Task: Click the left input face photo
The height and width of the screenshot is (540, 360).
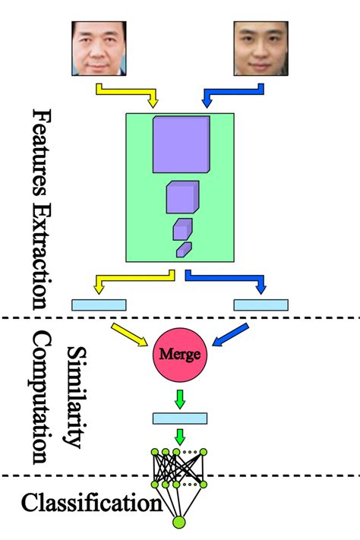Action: [x=102, y=47]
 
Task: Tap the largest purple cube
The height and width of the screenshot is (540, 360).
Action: [x=181, y=144]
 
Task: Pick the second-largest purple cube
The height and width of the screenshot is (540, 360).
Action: [x=182, y=197]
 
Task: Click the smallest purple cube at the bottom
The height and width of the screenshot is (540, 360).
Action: [x=184, y=249]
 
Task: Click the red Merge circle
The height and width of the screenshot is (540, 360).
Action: [x=180, y=355]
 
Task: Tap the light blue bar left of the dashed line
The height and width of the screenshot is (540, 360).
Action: [x=99, y=305]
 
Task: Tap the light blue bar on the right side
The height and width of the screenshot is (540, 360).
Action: [x=261, y=305]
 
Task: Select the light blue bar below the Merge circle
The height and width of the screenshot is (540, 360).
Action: [x=180, y=418]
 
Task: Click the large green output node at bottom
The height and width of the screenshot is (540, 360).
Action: [x=179, y=523]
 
